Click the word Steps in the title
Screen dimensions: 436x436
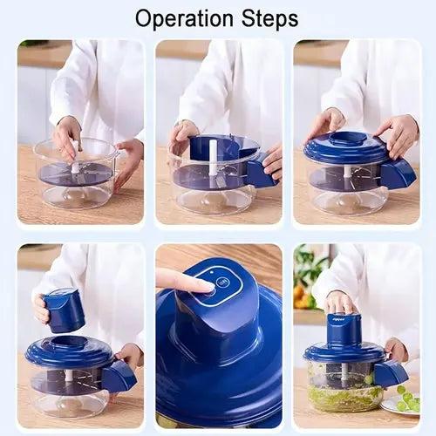tap(267, 18)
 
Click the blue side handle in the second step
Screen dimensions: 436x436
tap(259, 172)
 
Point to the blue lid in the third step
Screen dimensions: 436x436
tap(347, 148)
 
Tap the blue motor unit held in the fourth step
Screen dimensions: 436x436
tap(65, 310)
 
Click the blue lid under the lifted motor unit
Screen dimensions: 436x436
tap(68, 352)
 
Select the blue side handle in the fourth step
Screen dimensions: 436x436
tap(118, 376)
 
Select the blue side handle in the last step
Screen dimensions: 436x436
tap(390, 373)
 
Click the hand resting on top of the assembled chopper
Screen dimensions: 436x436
tap(339, 303)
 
